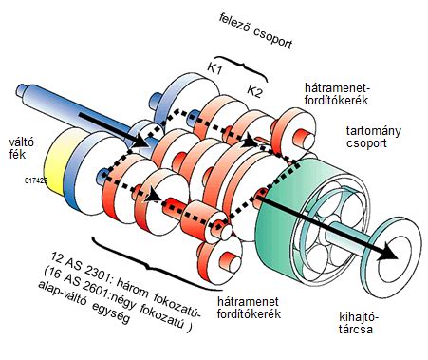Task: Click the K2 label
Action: pyautogui.click(x=254, y=91)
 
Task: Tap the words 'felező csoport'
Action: pyautogui.click(x=255, y=31)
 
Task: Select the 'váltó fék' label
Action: pyautogui.click(x=22, y=148)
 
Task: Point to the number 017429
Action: pyautogui.click(x=36, y=180)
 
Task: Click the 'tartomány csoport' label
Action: pyautogui.click(x=373, y=137)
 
